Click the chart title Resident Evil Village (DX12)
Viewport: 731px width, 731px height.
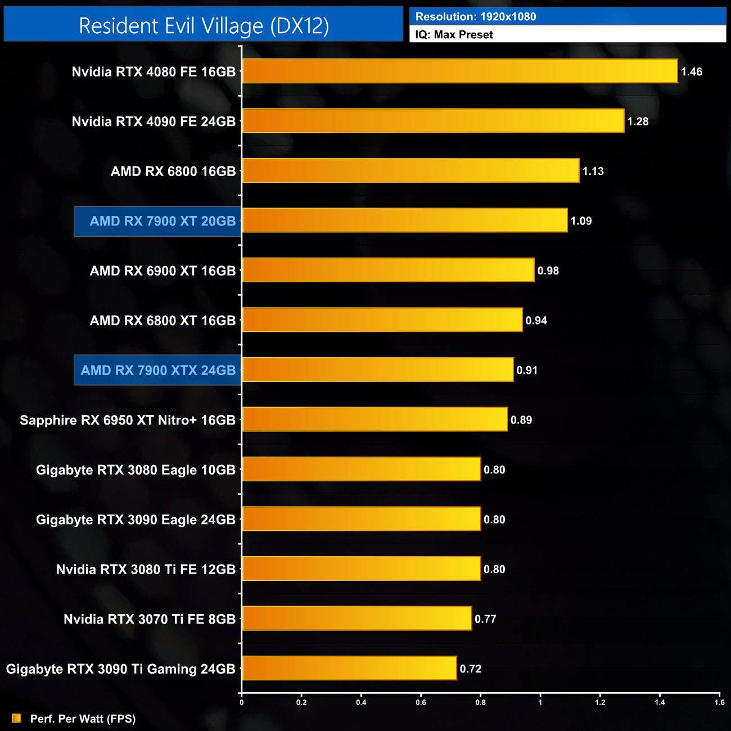tap(204, 26)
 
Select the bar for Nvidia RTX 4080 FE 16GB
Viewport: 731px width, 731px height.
tap(459, 71)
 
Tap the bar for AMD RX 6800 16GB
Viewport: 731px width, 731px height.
tap(410, 171)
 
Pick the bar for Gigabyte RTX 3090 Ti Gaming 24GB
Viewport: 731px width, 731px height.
tap(349, 669)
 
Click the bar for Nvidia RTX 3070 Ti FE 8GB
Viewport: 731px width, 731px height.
tap(357, 619)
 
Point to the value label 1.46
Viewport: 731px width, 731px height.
tap(692, 72)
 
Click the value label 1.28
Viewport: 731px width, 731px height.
tap(638, 121)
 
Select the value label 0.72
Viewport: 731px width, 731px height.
tap(471, 669)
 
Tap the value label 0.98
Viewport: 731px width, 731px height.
tap(548, 271)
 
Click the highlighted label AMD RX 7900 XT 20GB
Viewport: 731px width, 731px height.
tap(163, 222)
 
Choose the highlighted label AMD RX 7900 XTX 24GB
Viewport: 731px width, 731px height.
tap(158, 371)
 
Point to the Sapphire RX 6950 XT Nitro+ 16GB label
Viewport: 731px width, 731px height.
tap(128, 421)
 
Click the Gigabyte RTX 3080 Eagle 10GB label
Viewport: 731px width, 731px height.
tap(136, 470)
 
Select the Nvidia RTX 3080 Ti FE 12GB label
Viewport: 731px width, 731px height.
tap(146, 570)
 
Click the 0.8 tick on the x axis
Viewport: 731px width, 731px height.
tap(481, 702)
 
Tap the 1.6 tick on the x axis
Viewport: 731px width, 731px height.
tap(719, 702)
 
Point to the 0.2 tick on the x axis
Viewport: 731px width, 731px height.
tap(301, 702)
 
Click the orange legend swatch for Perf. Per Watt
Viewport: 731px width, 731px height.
tap(17, 718)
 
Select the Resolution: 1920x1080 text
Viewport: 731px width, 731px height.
tap(476, 17)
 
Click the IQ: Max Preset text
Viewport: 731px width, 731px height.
tap(454, 35)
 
